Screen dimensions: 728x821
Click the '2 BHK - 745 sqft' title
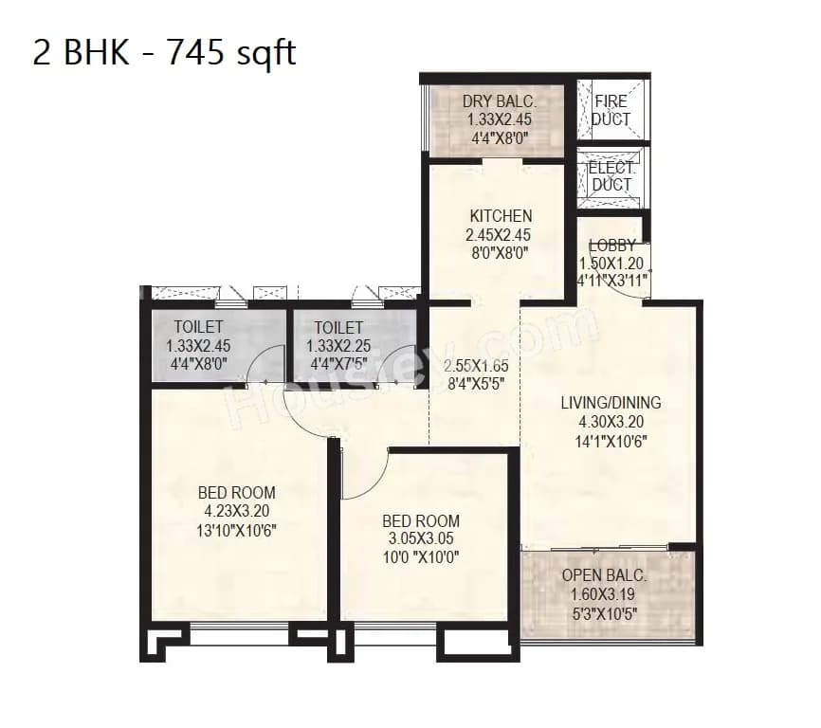click(164, 51)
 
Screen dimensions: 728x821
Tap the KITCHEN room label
click(499, 216)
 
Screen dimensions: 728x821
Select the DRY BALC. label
click(499, 101)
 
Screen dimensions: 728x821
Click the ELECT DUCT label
click(611, 176)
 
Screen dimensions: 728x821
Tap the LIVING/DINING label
click(611, 403)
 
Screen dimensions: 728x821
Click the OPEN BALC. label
click(604, 575)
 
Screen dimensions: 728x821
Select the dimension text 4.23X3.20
click(237, 511)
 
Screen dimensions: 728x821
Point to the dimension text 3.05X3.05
click(421, 539)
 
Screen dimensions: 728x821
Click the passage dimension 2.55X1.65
click(478, 366)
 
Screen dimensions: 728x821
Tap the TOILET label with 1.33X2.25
click(339, 328)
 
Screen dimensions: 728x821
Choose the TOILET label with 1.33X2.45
click(198, 328)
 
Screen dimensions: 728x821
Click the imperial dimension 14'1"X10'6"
click(611, 440)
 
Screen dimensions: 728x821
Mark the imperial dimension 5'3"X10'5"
click(604, 613)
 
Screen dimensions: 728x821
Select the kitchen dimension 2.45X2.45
click(499, 235)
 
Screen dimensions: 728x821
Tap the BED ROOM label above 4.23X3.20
click(237, 492)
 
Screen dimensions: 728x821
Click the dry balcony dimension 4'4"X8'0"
click(499, 138)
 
